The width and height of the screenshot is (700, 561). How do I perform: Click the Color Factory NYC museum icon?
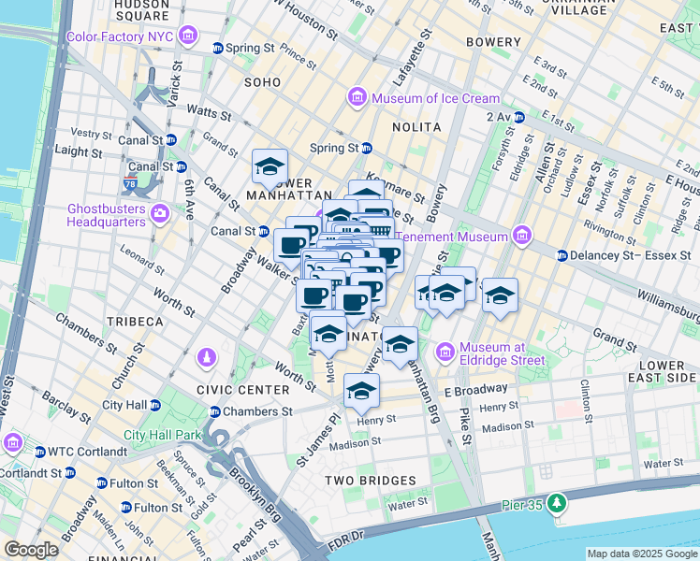[x=190, y=36]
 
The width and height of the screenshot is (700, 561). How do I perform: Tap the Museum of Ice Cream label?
[x=436, y=98]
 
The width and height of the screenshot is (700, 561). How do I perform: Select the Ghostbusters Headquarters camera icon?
[x=160, y=214]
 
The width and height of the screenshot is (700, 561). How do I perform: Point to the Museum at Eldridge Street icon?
[x=445, y=352]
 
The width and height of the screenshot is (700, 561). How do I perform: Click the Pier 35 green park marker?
[x=558, y=504]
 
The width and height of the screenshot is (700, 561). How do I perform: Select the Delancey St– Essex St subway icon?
[x=561, y=255]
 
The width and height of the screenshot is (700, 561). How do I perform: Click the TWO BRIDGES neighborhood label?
[x=370, y=481]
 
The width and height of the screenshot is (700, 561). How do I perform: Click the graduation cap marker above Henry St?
[x=361, y=391]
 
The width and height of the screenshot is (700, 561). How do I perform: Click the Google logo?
[x=31, y=550]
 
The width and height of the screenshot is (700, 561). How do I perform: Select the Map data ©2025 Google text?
[x=640, y=554]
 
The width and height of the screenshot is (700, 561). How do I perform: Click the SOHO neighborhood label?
[x=262, y=82]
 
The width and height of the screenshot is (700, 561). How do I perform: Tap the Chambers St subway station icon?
[x=215, y=411]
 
